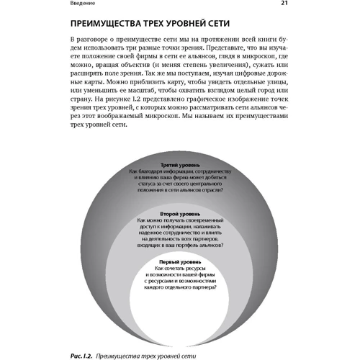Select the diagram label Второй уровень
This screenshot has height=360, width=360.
[x=179, y=214]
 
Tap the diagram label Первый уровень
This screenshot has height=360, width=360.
[x=179, y=261]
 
